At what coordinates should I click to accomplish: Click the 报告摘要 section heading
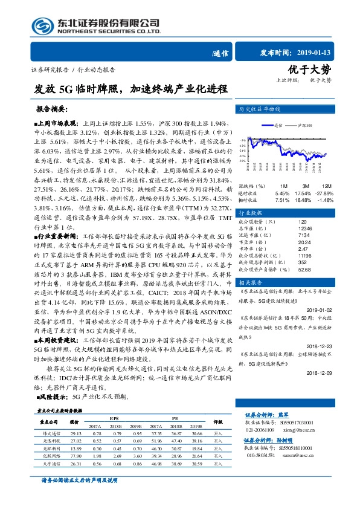click(x=51, y=110)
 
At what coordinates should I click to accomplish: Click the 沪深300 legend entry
click(x=305, y=125)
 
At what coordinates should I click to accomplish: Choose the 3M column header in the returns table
click(x=306, y=186)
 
